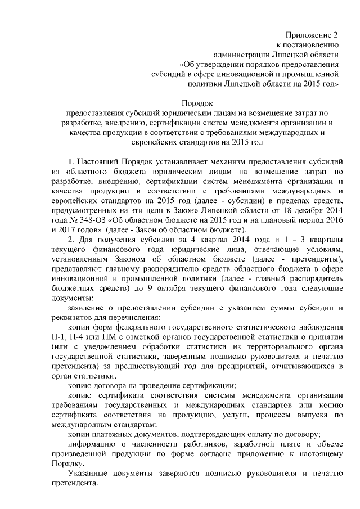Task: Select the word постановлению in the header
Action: click(x=313, y=46)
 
